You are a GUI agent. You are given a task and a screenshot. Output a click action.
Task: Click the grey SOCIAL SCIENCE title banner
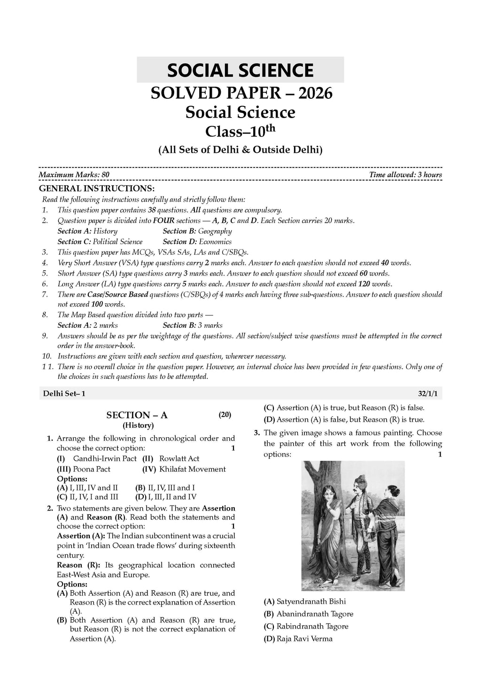point(240,70)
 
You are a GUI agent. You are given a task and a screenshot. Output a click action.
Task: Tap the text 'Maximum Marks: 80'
point(74,175)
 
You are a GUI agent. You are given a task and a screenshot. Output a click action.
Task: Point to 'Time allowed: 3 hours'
point(405,175)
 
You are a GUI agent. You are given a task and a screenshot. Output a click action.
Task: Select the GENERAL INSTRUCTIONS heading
point(96,189)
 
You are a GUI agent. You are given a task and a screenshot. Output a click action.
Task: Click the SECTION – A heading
point(137,415)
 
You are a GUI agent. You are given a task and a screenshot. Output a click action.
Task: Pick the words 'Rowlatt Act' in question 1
point(179,458)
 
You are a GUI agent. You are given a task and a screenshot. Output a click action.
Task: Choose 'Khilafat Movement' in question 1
point(192,469)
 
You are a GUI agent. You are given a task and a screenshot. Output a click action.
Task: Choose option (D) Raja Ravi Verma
point(298,638)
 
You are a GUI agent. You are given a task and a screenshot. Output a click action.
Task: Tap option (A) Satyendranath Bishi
point(305,601)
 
